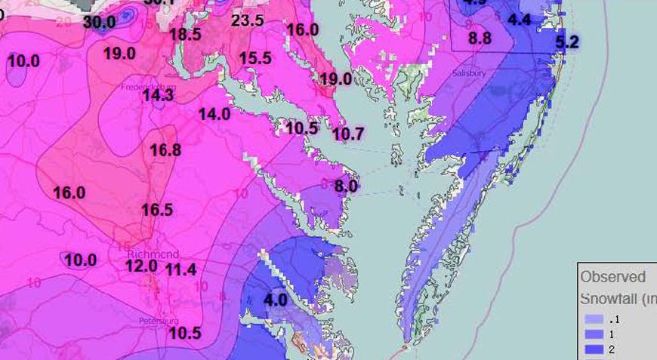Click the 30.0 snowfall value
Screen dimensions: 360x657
[x=99, y=22]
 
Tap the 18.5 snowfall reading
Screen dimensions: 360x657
[x=185, y=34]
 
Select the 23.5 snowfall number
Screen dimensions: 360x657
[x=247, y=20]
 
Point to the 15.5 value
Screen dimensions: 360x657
[x=255, y=58]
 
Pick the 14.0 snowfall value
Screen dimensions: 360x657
[x=214, y=114]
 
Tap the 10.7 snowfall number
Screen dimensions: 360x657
[x=348, y=134]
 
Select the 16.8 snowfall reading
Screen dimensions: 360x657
[x=165, y=150]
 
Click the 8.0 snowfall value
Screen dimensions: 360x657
[x=346, y=185]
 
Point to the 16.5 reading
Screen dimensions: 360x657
[x=156, y=210]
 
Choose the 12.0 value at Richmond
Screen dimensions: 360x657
[x=141, y=266]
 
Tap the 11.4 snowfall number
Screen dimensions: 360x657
[x=180, y=269]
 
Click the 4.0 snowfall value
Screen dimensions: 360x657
[x=275, y=300]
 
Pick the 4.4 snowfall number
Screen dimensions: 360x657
[x=520, y=20]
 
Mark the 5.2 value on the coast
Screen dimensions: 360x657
[x=567, y=42]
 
